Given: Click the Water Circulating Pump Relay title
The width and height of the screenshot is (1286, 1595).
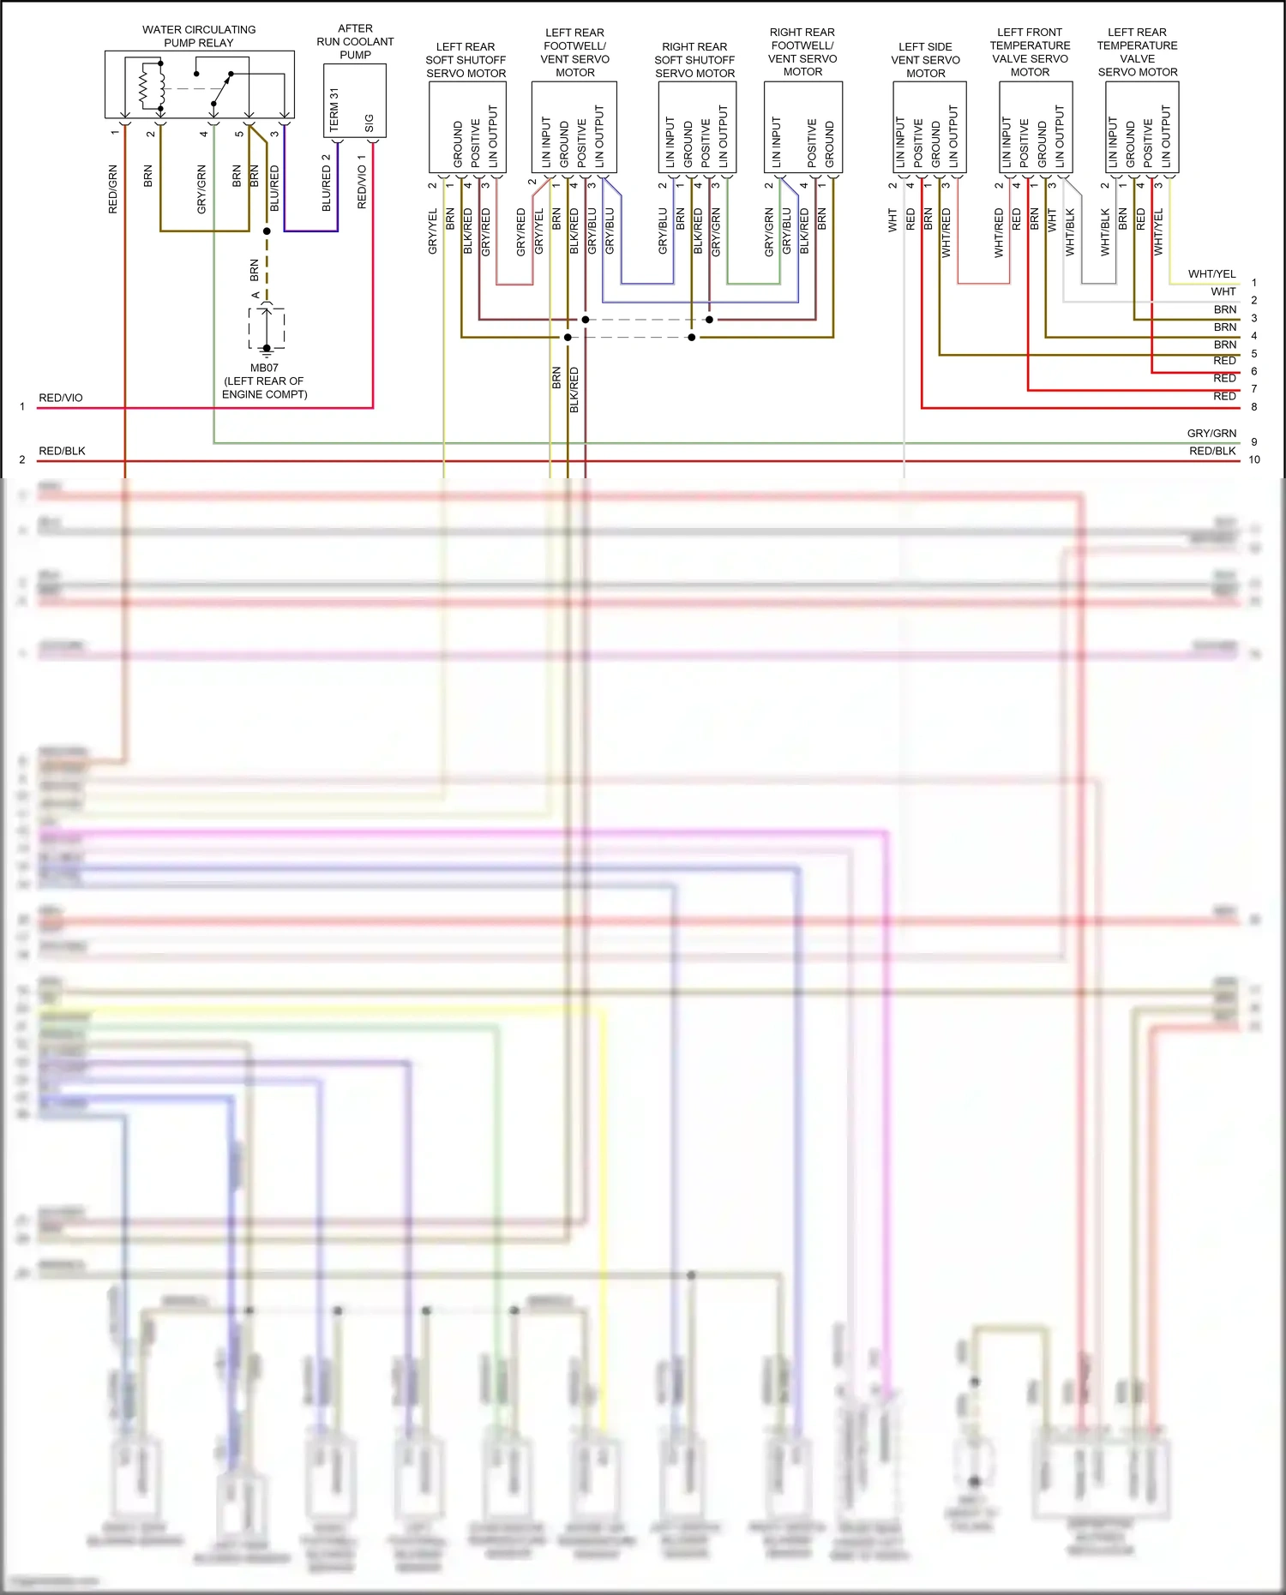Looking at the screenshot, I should pos(199,36).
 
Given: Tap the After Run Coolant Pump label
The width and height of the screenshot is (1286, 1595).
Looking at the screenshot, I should pos(355,41).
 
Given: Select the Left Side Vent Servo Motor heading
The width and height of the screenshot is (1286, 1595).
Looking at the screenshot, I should pos(925,60).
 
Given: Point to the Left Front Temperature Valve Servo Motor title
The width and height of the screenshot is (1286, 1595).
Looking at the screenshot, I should pos(1030,52).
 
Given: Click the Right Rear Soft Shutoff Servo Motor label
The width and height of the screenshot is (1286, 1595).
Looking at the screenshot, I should pos(694,60).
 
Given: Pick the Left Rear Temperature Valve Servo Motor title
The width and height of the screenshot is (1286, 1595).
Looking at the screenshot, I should pos(1137,52).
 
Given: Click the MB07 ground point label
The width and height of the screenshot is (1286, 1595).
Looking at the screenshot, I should pos(264,368).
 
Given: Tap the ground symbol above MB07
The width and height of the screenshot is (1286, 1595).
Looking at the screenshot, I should pos(267,349).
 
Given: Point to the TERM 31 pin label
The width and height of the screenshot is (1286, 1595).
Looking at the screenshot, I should pos(334,110).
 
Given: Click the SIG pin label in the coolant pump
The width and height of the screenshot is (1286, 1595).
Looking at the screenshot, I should pos(370,123).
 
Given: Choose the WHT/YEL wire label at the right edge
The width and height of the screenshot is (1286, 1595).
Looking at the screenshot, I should pos(1211,274).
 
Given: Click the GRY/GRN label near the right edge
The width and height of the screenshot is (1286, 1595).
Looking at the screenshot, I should pos(1211,434).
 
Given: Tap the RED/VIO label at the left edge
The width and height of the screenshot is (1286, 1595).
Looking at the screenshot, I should pos(61,398).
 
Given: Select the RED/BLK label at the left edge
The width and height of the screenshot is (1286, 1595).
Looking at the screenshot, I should pos(62,451).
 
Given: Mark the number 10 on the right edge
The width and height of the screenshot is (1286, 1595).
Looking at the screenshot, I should pos(1254,460).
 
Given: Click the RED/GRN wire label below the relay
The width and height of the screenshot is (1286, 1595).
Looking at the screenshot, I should pos(113,189).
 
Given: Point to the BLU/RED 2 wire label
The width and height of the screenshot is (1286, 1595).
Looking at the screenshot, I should pos(327,183).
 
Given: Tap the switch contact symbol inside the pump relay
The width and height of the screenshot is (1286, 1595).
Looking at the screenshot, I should pos(221,89).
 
